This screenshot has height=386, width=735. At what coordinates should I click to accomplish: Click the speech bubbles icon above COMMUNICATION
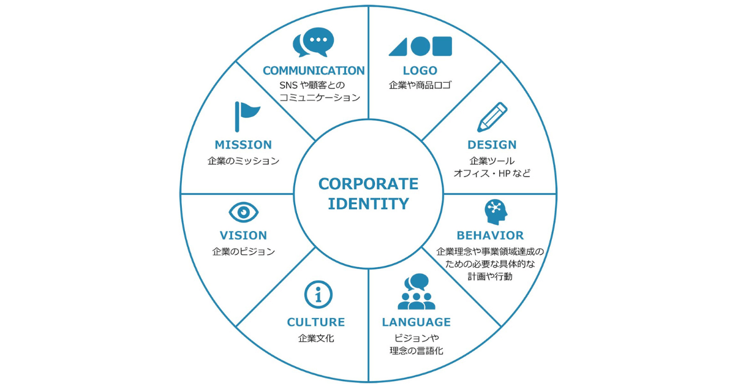[x=314, y=42]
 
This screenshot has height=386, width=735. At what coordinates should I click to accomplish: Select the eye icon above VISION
[x=244, y=212]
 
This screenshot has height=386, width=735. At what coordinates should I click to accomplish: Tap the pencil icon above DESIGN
[x=492, y=116]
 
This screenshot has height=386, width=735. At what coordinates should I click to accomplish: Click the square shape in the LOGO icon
[x=442, y=46]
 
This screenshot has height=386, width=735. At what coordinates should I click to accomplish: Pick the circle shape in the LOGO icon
[x=420, y=46]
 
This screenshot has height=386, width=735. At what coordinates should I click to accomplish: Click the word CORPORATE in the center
[x=368, y=184]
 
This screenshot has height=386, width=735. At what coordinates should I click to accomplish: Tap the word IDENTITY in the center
[x=368, y=204]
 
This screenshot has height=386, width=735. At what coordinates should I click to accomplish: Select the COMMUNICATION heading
[x=314, y=70]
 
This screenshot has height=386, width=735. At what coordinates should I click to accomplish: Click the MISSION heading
[x=243, y=145]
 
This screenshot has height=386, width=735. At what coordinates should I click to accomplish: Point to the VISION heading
[x=243, y=235]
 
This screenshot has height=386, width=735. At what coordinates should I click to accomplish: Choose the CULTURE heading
[x=316, y=322]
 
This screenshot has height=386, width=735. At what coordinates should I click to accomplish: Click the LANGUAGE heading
[x=417, y=322]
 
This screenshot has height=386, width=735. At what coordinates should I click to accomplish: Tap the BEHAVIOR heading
[x=490, y=235]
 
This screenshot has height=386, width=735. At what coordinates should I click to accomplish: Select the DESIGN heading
[x=492, y=145]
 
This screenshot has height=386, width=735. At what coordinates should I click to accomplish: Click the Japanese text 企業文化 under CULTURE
[x=316, y=338]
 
